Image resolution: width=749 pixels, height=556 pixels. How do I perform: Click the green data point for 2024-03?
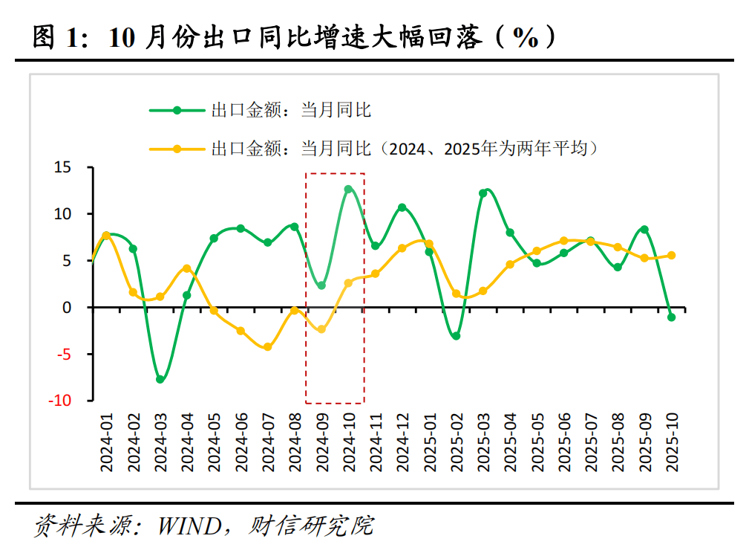(160, 379)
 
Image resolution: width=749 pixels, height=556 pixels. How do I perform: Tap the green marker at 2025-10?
(671, 317)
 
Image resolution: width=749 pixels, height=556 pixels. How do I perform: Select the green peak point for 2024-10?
(348, 190)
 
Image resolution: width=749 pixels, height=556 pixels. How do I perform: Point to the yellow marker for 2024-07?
(267, 347)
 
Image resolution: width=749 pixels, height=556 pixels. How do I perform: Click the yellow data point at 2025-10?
(671, 255)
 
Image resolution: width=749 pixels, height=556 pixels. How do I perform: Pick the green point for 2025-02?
(456, 336)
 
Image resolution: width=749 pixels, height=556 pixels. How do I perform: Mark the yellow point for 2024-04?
(186, 268)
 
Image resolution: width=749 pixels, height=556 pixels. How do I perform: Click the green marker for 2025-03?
(483, 193)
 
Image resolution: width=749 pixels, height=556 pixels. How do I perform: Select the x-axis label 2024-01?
(107, 443)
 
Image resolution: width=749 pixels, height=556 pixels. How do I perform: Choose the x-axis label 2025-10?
(672, 443)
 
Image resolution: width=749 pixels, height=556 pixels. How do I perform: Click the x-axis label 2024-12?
(402, 443)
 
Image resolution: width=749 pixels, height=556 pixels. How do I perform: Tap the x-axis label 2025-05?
(537, 443)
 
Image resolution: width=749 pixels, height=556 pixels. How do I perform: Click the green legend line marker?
(177, 111)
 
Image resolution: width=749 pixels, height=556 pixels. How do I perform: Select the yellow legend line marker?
(177, 149)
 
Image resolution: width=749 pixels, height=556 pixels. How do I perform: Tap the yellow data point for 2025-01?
(429, 244)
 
